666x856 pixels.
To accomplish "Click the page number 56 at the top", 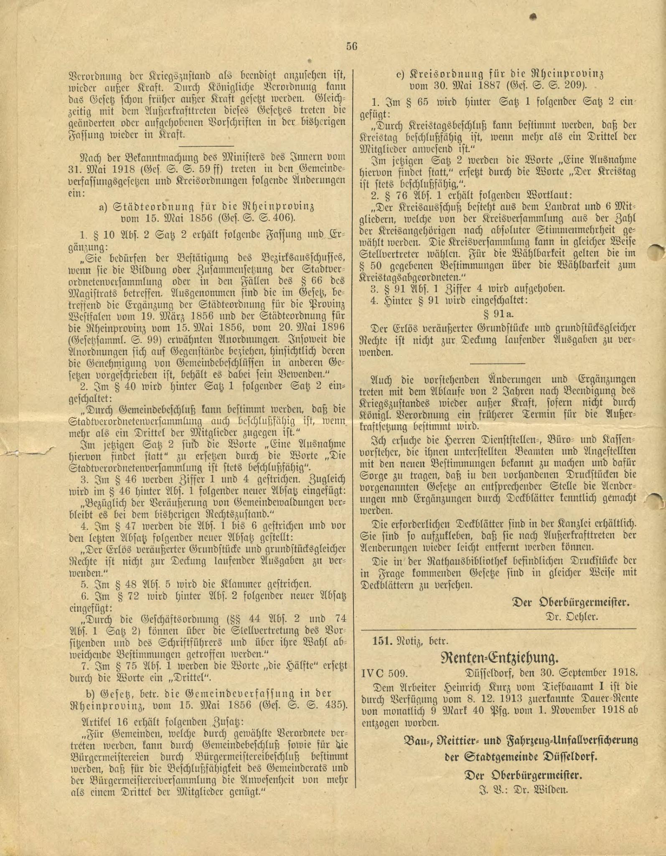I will point(351,47).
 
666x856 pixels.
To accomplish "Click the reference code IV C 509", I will point(384,674).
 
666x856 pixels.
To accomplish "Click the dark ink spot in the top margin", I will point(533,16).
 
